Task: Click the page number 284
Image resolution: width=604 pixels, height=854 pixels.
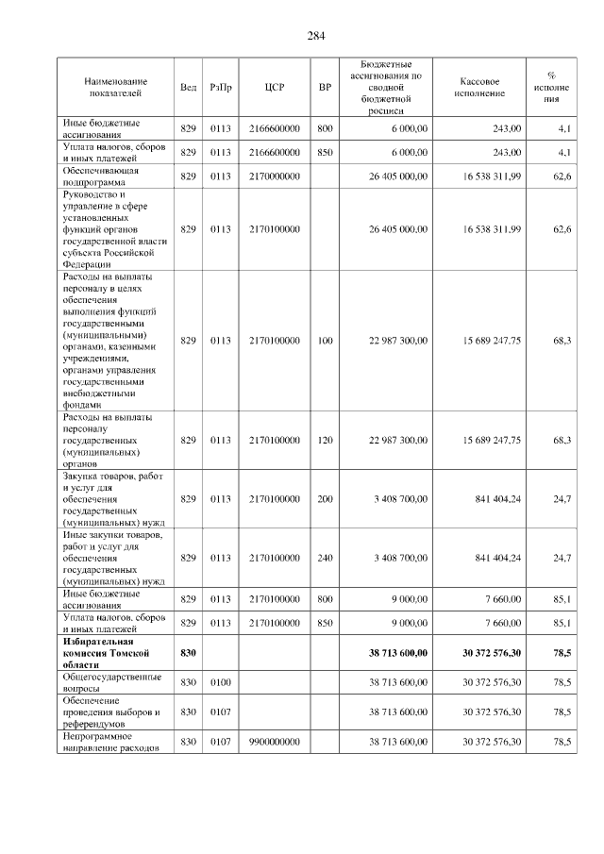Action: [x=315, y=36]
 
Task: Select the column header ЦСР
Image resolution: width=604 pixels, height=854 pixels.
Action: [x=275, y=88]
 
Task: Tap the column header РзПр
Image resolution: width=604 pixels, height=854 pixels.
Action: [x=221, y=88]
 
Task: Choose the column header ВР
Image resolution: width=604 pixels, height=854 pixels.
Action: [x=326, y=88]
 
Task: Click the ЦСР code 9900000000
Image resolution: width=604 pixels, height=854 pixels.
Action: [x=275, y=743]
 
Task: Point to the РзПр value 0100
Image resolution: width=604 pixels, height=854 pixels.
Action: [x=221, y=682]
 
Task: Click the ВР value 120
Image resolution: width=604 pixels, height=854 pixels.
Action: [x=326, y=441]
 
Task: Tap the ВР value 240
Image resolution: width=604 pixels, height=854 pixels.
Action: [x=326, y=559]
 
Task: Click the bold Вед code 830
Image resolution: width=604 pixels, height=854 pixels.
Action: [x=188, y=652]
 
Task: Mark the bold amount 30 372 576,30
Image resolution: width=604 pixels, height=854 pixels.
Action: [x=491, y=652]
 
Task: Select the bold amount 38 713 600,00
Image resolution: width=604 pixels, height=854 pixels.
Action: [x=397, y=652]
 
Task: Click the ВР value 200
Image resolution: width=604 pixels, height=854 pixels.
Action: [x=326, y=498]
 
